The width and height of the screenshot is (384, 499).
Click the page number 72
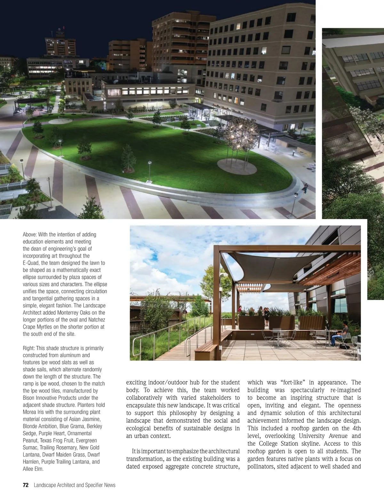26,485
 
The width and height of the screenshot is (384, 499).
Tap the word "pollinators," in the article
262,466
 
